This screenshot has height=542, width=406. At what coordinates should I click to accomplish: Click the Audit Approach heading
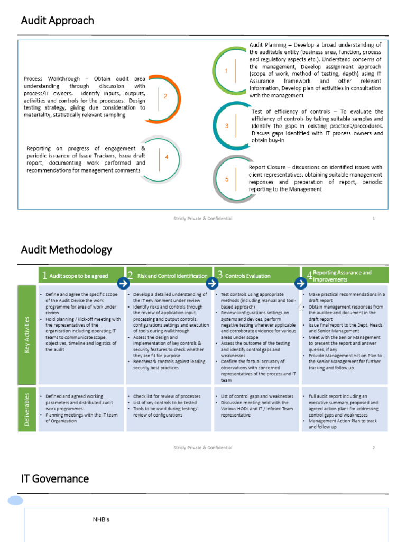tap(57, 21)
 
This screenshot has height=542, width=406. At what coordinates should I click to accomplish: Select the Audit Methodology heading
tap(66, 249)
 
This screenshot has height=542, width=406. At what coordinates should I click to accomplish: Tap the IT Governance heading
tap(54, 479)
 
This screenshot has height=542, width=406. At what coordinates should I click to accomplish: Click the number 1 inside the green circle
tap(226, 70)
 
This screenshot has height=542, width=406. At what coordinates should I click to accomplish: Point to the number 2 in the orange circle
tap(165, 96)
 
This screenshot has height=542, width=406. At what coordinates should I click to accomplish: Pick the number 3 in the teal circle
tap(227, 126)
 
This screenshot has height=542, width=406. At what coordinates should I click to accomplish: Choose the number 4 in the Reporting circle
tap(166, 157)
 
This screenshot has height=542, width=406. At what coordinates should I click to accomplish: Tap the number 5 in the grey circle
tap(227, 179)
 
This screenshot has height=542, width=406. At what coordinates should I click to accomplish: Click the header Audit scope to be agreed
tap(78, 276)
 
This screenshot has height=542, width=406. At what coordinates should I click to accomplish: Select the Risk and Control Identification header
tap(172, 276)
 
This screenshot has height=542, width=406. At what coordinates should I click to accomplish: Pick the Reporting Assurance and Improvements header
tap(342, 276)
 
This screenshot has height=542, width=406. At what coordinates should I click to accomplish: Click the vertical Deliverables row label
tap(27, 409)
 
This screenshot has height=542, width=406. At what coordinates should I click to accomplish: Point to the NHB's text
tap(101, 520)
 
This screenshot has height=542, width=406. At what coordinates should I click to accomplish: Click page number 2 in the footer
tap(373, 447)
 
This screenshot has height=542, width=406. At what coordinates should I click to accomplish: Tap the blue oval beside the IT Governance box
tap(15, 501)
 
